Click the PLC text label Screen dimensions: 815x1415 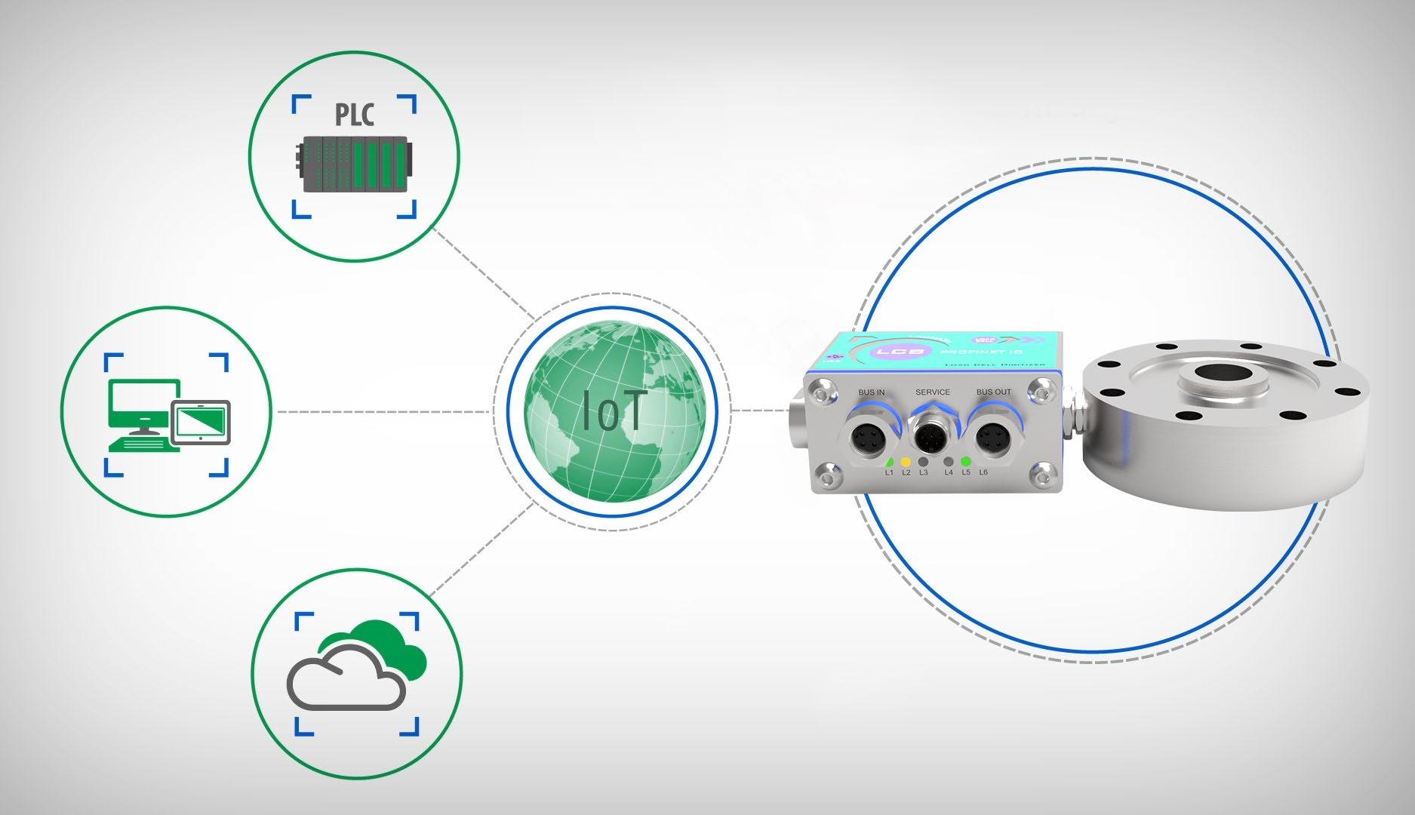(x=354, y=116)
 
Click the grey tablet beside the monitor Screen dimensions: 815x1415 (x=201, y=421)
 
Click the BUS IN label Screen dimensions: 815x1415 (x=872, y=393)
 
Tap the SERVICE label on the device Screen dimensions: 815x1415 (x=932, y=392)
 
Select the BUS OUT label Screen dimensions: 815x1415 (x=993, y=392)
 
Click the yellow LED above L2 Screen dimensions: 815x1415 (x=905, y=461)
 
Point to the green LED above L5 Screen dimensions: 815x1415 (x=965, y=461)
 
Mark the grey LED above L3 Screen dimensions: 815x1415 (x=922, y=461)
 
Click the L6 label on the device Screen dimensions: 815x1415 (x=983, y=473)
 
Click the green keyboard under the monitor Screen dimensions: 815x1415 (x=143, y=445)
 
